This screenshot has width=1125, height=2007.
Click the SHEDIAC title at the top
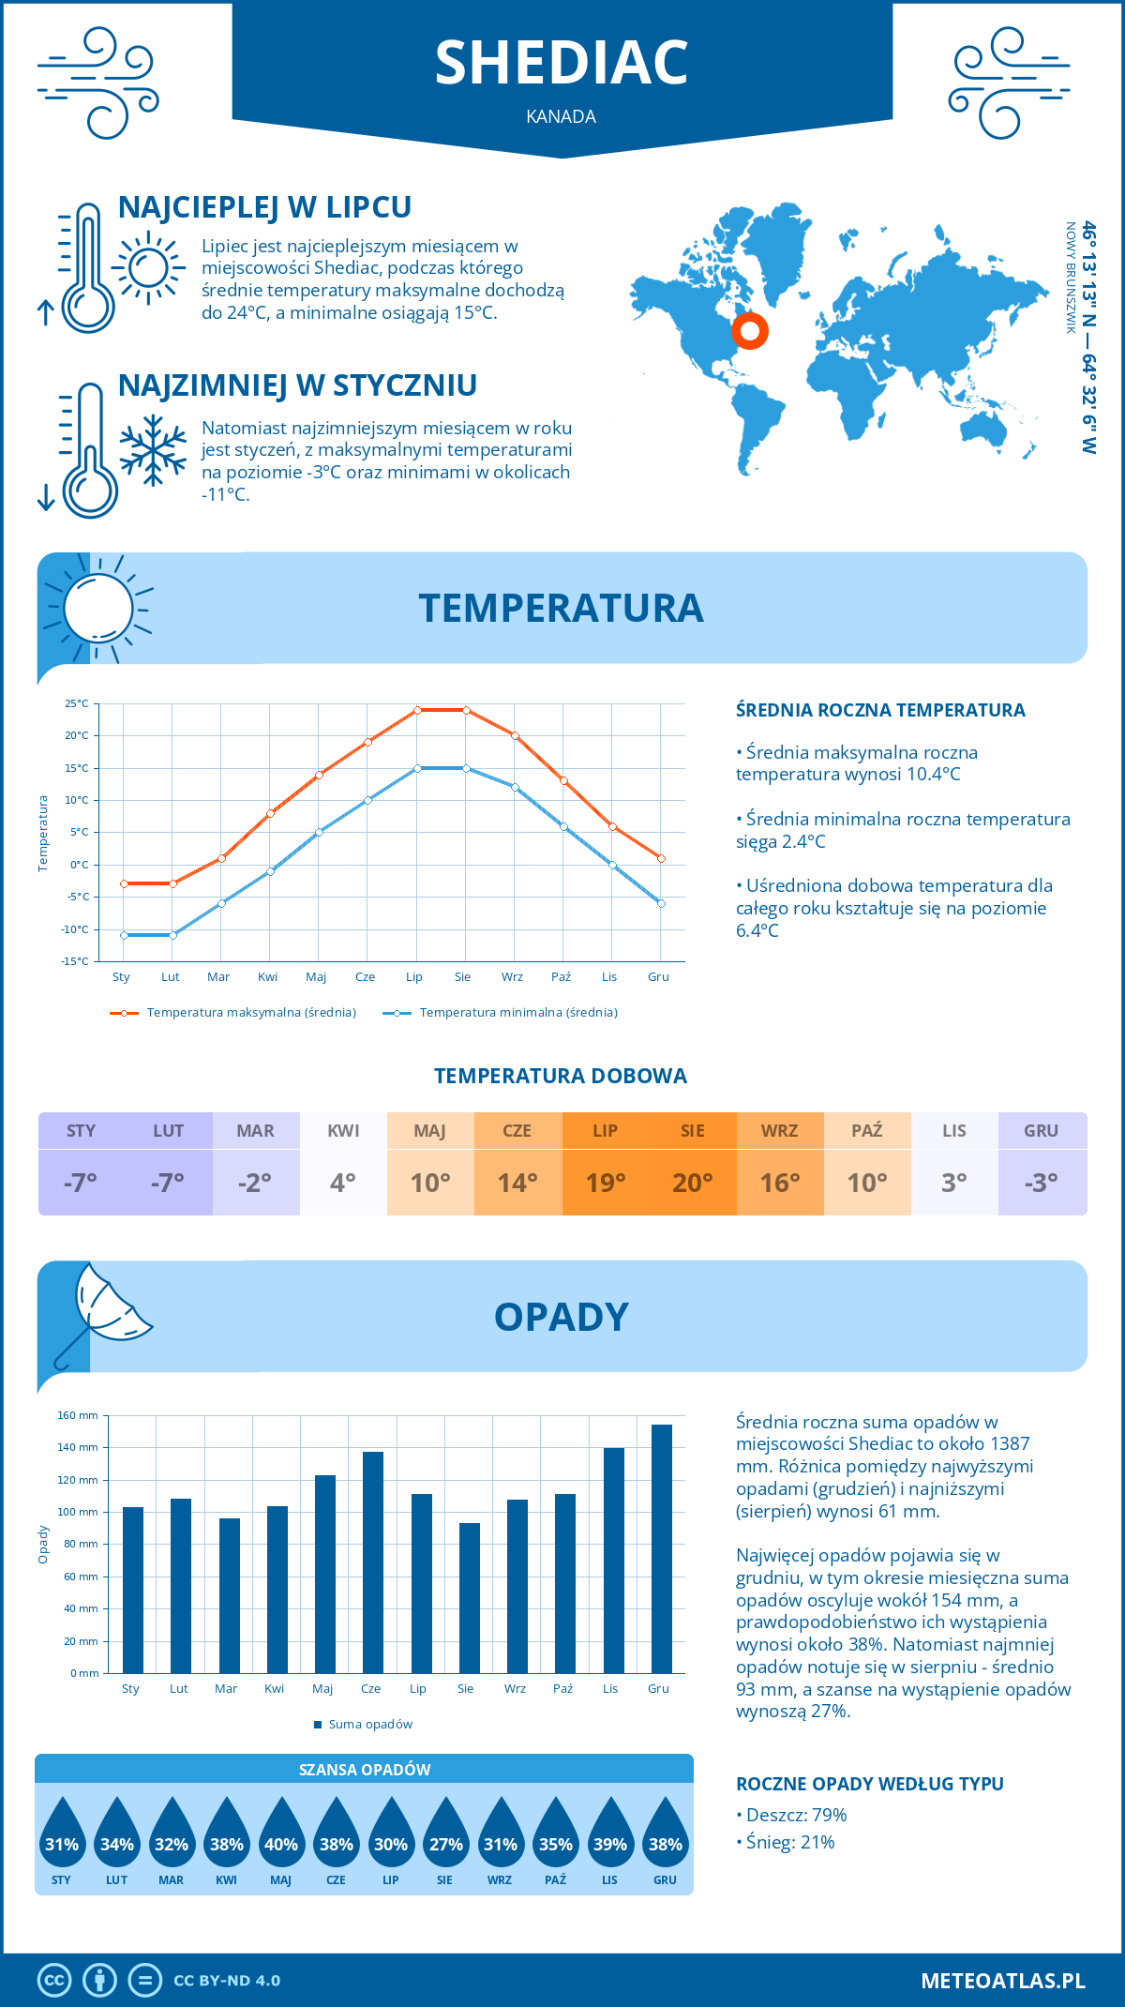tap(562, 63)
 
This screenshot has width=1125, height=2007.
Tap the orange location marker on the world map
tap(750, 330)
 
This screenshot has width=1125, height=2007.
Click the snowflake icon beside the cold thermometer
tap(153, 450)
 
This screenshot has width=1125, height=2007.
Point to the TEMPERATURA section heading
tap(561, 608)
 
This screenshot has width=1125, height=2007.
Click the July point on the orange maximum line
tap(417, 710)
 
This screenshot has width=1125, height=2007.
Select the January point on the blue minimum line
tap(124, 935)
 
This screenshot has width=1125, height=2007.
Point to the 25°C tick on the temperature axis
tap(77, 703)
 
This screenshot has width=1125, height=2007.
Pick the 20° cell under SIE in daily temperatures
tap(692, 1183)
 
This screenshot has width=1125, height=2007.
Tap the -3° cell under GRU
tap(1042, 1183)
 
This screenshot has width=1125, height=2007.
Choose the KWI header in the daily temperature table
tap(343, 1131)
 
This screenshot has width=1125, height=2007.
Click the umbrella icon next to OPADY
tap(101, 1313)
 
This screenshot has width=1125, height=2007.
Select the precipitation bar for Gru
tap(661, 1548)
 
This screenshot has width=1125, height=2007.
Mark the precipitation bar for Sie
tap(469, 1598)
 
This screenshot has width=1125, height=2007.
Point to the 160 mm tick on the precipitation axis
tap(79, 1415)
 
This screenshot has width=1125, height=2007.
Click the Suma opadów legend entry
tap(369, 1725)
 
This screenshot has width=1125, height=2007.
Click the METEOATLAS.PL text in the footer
tap(1002, 1980)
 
